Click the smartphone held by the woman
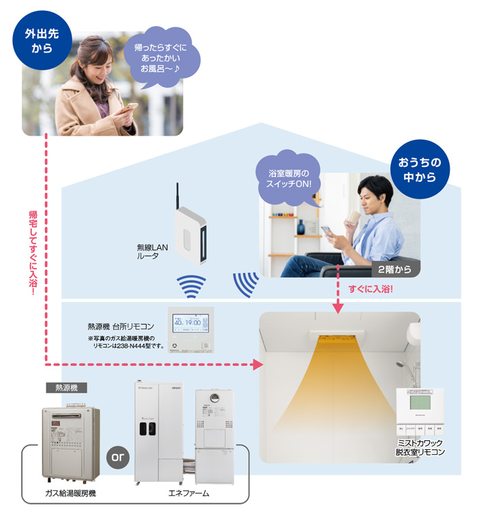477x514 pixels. tap(129, 109)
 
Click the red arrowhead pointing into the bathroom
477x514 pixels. tap(257, 365)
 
